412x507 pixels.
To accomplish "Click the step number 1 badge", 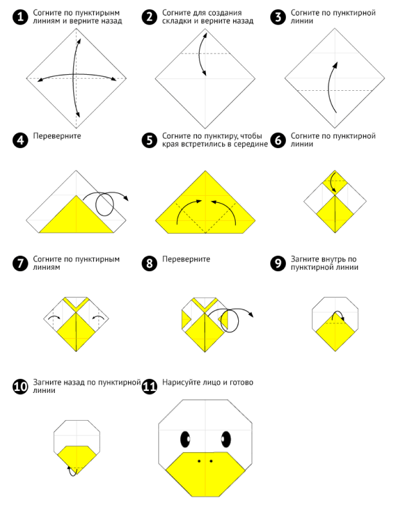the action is pyautogui.click(x=21, y=17).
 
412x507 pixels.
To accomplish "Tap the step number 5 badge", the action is pyautogui.click(x=149, y=140).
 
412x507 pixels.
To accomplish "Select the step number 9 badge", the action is pyautogui.click(x=278, y=263).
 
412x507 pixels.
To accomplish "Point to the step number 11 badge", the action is pyautogui.click(x=149, y=387).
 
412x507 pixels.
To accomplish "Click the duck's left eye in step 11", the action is pyautogui.click(x=185, y=439).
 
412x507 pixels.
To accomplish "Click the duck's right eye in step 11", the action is pyautogui.click(x=226, y=439).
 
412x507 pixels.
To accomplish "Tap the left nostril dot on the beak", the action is pyautogui.click(x=199, y=461).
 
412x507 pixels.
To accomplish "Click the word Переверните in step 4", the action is pyautogui.click(x=57, y=136).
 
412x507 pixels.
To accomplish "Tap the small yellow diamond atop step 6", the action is pyautogui.click(x=335, y=183).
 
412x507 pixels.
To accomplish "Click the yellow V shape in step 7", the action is pyautogui.click(x=76, y=304).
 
